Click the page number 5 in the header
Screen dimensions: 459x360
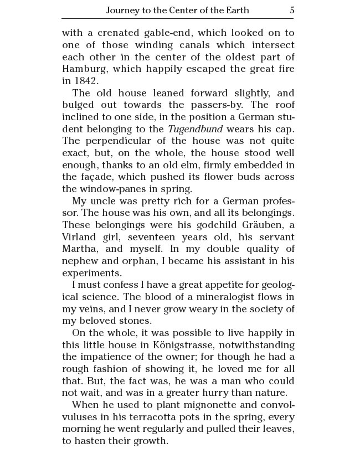[291, 10]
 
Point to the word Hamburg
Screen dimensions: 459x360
[83, 69]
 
